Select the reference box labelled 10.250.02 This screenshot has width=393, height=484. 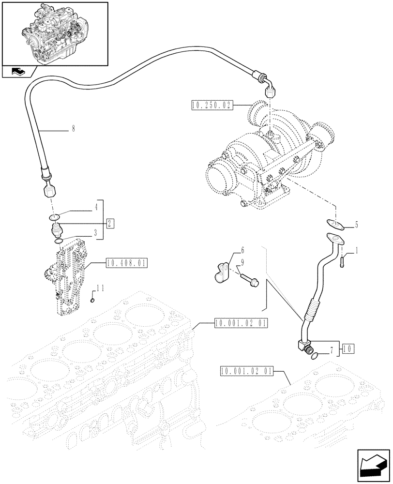[212, 105]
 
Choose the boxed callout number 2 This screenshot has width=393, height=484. [110, 223]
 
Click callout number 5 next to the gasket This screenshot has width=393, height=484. [357, 225]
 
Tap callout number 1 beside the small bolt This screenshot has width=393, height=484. [357, 251]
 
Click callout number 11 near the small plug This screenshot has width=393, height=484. [100, 288]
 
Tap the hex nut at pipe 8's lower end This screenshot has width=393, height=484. [49, 191]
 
